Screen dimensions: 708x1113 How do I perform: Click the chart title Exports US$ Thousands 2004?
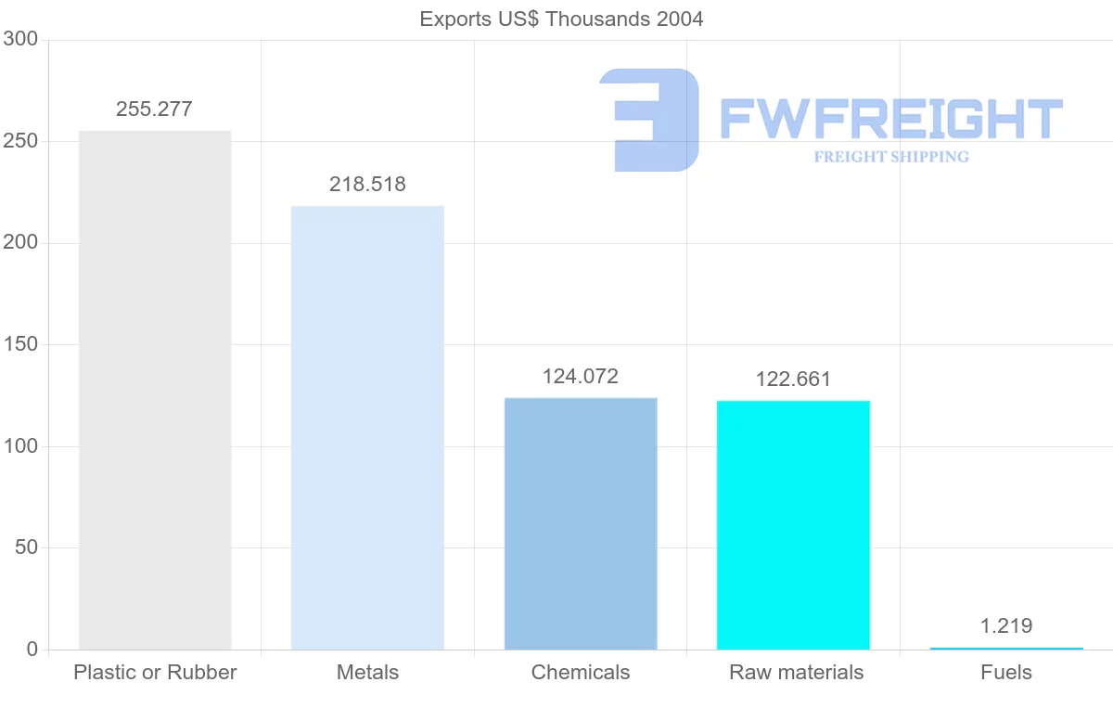pos(561,19)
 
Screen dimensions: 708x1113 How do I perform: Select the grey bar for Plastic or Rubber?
pos(155,390)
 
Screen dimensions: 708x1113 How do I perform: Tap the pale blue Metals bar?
pos(367,427)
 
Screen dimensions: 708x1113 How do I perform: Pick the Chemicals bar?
pos(581,523)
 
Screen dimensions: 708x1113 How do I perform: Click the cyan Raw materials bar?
pos(793,524)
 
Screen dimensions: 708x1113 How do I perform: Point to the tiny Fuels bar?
pos(1006,648)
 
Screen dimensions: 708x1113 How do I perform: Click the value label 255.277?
pos(155,109)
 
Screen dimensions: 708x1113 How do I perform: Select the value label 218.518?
pos(367,184)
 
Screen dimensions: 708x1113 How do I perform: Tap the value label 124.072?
pos(581,376)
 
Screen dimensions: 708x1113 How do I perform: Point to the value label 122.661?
pos(793,379)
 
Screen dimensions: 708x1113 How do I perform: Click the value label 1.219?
pos(1006,625)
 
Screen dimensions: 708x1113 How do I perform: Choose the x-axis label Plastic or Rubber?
pos(155,672)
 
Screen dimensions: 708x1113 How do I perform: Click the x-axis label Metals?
pos(367,672)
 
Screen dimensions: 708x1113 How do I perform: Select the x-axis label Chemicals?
pos(581,672)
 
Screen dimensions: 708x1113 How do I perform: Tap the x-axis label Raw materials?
pos(796,672)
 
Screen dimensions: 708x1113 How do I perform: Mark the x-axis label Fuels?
pos(1006,672)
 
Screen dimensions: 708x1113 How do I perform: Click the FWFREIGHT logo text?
pos(890,119)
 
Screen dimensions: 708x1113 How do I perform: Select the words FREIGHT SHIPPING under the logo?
pos(891,157)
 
